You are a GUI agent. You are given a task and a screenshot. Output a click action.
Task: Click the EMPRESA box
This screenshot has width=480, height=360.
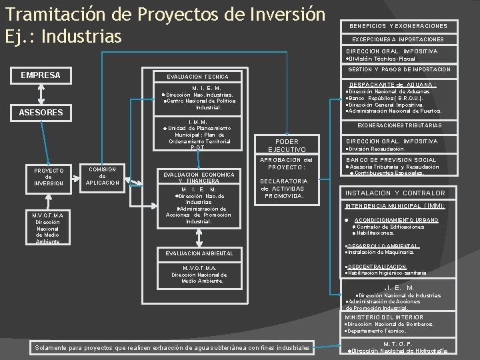pyautogui.click(x=41, y=75)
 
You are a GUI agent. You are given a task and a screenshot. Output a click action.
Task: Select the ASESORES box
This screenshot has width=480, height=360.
pyautogui.click(x=41, y=113)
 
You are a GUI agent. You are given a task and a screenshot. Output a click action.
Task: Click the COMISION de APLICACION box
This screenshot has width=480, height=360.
pyautogui.click(x=103, y=176)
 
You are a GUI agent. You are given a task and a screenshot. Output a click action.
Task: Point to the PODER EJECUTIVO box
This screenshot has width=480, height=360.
pyautogui.click(x=287, y=145)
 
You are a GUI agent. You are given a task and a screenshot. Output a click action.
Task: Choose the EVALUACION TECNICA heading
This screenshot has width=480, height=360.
pyautogui.click(x=197, y=77)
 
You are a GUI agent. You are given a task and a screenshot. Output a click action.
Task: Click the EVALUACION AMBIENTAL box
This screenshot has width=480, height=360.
pyautogui.click(x=197, y=253)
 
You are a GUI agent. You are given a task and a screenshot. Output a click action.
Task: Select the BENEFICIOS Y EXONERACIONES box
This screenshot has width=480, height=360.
pyautogui.click(x=399, y=26)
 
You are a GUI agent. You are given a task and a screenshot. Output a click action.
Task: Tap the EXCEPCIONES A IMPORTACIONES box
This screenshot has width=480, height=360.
pyautogui.click(x=399, y=39)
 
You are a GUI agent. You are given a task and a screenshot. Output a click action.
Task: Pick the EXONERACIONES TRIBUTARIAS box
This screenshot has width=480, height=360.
pyautogui.click(x=399, y=125)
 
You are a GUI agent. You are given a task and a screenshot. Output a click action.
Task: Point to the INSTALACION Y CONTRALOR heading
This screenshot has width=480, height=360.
pyautogui.click(x=395, y=193)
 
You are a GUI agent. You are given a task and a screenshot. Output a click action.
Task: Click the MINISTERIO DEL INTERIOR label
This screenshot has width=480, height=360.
pyautogui.click(x=384, y=317)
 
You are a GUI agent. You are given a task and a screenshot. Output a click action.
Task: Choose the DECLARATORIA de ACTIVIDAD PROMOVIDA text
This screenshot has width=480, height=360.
pyautogui.click(x=285, y=189)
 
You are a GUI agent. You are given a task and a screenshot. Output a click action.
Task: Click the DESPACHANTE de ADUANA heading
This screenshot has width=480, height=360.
pyautogui.click(x=393, y=85)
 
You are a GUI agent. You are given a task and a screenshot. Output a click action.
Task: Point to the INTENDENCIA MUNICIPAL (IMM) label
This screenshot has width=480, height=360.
pyautogui.click(x=395, y=206)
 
